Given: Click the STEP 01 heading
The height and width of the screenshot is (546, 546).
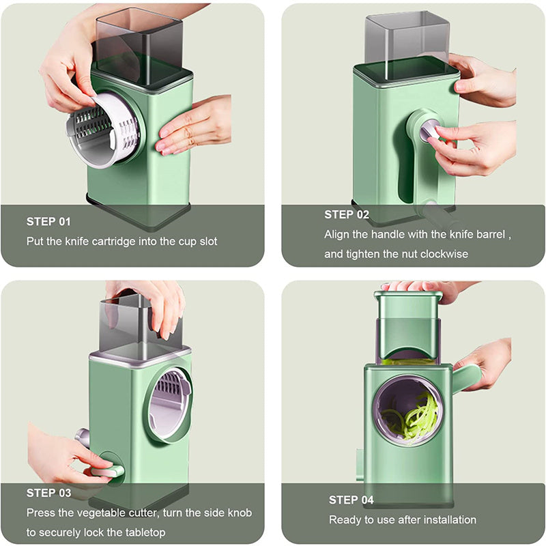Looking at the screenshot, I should (48, 221).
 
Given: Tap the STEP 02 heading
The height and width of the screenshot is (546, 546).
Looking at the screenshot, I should (347, 214).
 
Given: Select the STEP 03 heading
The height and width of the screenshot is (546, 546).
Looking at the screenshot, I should (48, 492).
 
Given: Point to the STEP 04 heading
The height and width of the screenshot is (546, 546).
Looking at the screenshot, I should (351, 500).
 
